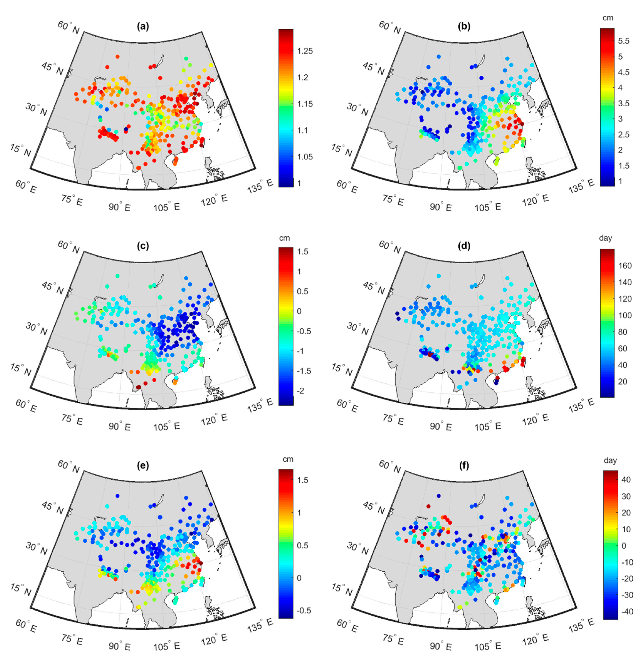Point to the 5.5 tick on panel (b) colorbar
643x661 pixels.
point(623,41)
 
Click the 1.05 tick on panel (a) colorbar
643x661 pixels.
point(305,157)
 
